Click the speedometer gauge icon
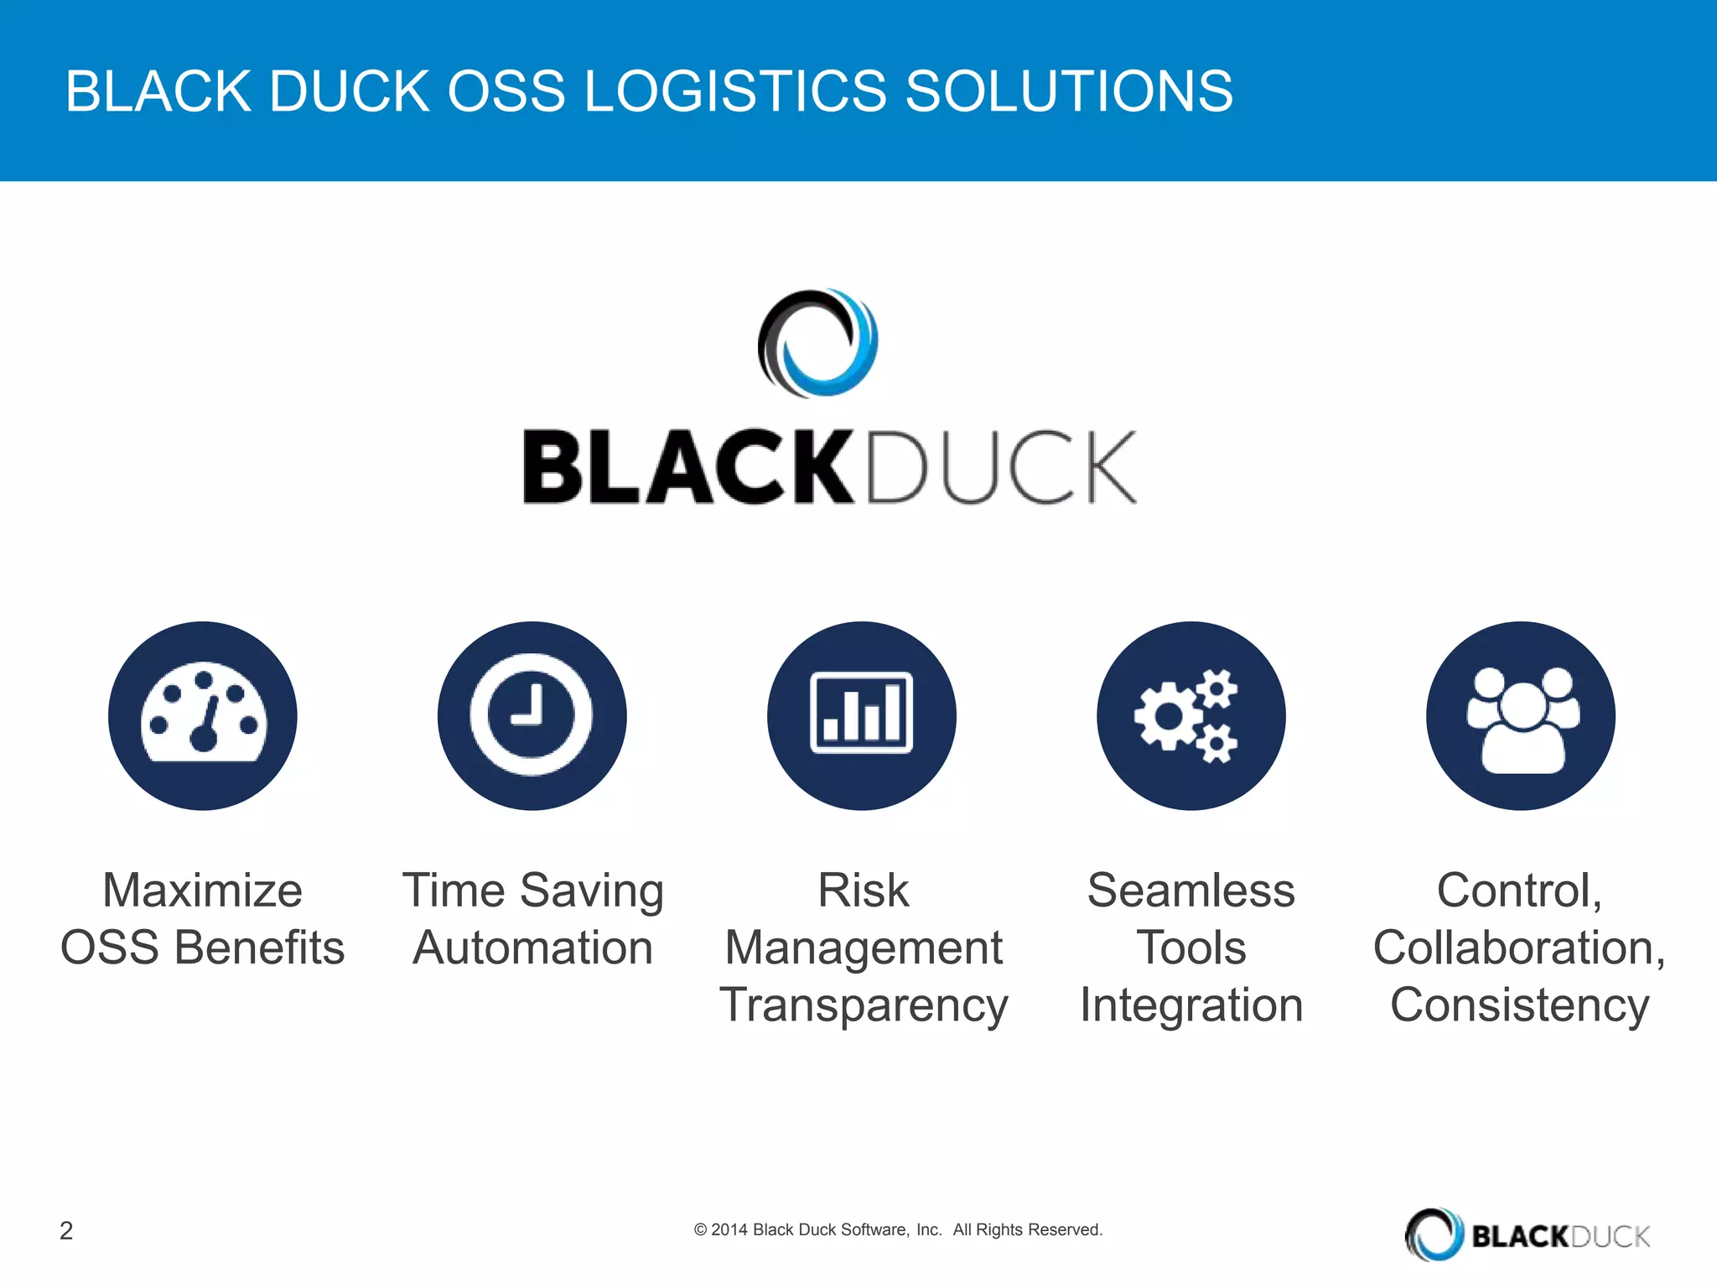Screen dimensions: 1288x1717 [203, 716]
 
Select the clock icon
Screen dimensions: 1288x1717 [532, 716]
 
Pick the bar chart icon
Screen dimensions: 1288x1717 [862, 714]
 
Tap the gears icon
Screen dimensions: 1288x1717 [1190, 716]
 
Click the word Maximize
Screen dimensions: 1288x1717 [202, 891]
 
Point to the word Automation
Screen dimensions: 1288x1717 [532, 948]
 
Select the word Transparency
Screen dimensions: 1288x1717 [864, 1005]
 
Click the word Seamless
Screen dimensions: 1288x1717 [1191, 891]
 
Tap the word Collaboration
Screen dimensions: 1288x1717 [1517, 948]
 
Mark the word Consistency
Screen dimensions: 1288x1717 [1519, 1005]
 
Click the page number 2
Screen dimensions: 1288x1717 [66, 1230]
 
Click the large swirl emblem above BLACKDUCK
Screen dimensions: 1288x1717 [818, 343]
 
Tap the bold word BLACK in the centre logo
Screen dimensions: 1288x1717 [687, 467]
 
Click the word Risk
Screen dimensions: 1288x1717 [864, 891]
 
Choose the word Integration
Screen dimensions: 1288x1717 [1191, 1005]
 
